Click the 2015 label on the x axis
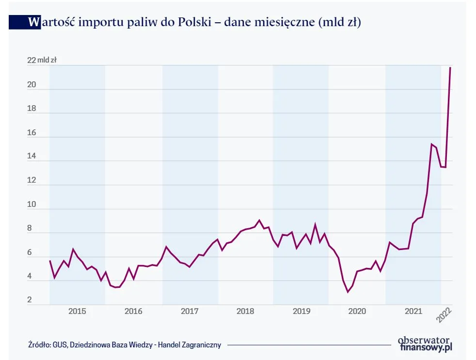[77, 312]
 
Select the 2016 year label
[133, 312]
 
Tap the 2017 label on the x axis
[190, 312]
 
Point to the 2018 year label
[246, 312]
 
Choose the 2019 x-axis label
[302, 312]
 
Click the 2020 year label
[357, 312]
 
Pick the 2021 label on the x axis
[413, 312]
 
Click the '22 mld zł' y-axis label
[42, 61]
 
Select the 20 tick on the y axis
[32, 84]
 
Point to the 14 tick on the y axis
[32, 156]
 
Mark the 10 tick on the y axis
[32, 204]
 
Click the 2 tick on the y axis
[30, 300]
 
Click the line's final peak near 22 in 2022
[450, 67]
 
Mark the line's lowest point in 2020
[348, 292]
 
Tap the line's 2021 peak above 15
[431, 144]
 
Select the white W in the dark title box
[34, 22]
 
